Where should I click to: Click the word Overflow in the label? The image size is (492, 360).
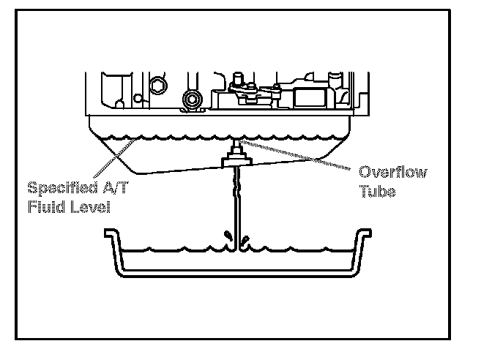click(x=393, y=172)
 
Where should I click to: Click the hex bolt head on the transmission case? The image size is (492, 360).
click(x=157, y=87)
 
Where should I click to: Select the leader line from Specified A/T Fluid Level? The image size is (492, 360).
click(x=117, y=157)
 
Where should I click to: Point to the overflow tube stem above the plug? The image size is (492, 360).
click(x=236, y=143)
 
